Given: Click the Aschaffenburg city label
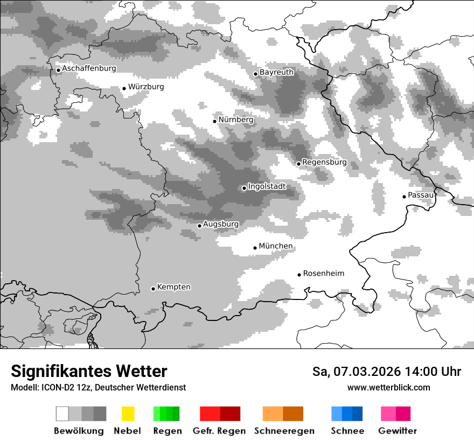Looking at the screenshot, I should (89, 68).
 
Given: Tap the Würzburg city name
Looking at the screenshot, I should (146, 87).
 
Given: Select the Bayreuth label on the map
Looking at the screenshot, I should (276, 72).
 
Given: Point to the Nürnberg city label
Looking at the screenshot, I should (235, 120).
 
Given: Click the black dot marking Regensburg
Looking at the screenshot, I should (298, 163).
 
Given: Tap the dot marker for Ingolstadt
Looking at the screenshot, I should (244, 188).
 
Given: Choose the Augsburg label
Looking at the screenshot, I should (221, 224).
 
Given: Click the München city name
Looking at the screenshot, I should (276, 246).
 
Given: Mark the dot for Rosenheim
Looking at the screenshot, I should (299, 275).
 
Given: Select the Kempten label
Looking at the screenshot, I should (173, 287).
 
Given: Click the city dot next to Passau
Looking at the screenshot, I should (404, 197).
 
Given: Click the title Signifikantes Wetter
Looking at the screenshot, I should (89, 372).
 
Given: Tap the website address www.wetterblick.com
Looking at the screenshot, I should (388, 387).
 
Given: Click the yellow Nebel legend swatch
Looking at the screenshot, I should (128, 414).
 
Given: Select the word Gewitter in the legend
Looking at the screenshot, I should (397, 431).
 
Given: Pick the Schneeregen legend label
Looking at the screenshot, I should (284, 431).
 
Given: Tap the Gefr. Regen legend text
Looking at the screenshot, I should (219, 431).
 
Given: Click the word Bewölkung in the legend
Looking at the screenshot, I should (79, 431).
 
